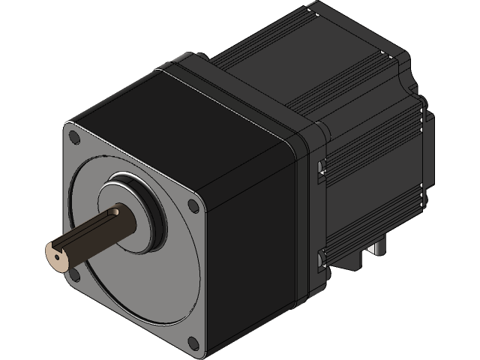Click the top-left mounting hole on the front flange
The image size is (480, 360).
coord(73,136)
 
